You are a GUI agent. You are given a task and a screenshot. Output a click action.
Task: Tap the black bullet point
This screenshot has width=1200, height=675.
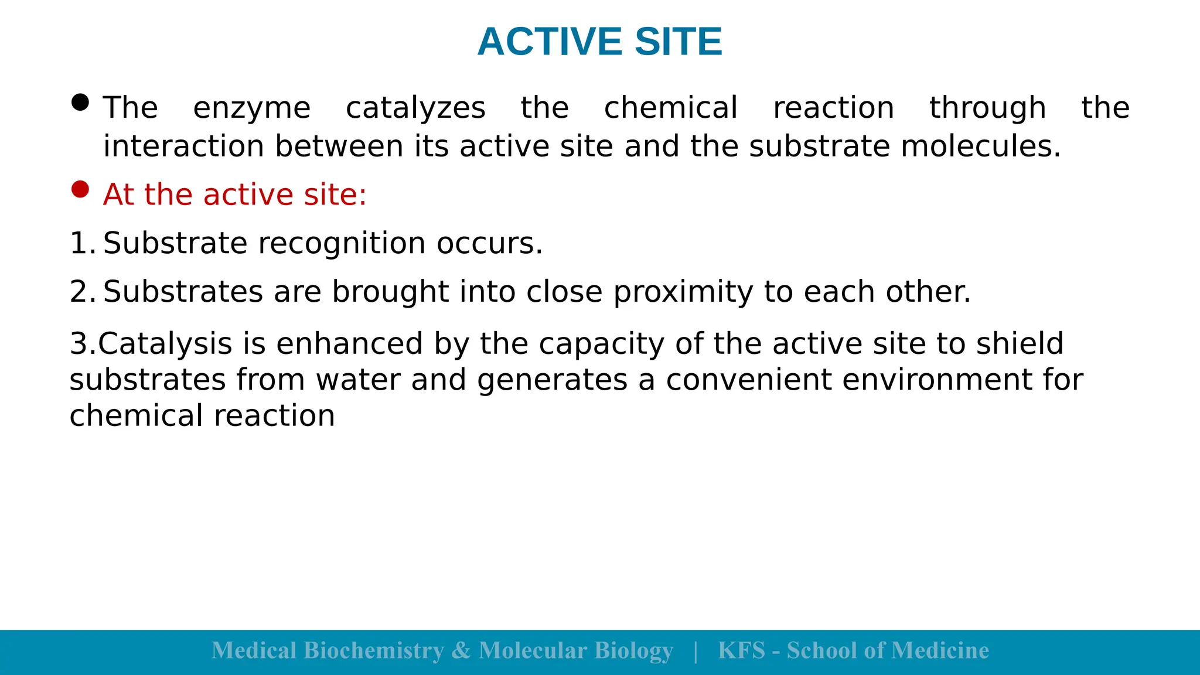[x=80, y=103]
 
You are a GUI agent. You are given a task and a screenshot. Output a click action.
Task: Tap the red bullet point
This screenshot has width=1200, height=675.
[x=80, y=189]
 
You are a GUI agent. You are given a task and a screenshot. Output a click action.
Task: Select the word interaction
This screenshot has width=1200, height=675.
[x=183, y=146]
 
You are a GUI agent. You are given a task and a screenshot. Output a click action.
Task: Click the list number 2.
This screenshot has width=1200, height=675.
[x=81, y=292]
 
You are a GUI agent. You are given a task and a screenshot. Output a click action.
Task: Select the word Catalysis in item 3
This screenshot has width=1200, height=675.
[x=165, y=345]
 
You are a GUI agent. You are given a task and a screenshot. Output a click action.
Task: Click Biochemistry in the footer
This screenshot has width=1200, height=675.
[x=374, y=651]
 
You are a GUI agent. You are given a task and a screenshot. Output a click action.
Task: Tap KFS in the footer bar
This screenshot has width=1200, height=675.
[x=741, y=651]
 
